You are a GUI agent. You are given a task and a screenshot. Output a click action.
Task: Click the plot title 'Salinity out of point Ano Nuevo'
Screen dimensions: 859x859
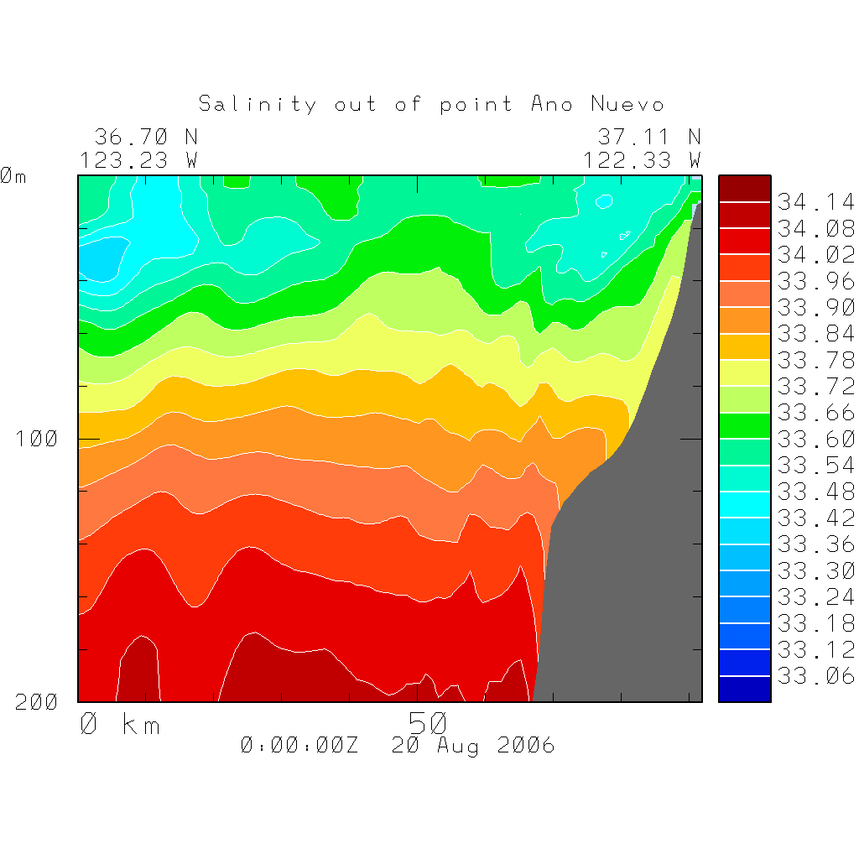[x=431, y=105]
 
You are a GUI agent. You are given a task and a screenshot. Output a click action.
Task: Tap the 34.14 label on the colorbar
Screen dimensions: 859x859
[x=815, y=202]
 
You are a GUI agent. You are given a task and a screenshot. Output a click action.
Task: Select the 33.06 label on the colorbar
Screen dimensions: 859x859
[x=815, y=676]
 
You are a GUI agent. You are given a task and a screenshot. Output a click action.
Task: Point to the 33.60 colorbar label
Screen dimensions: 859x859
[x=815, y=439]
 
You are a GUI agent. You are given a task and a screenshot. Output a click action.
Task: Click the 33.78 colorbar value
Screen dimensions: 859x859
[x=815, y=360]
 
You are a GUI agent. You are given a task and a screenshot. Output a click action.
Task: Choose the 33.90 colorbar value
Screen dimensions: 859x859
[x=815, y=307]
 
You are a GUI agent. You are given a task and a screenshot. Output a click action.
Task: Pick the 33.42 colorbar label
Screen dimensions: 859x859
[x=815, y=518]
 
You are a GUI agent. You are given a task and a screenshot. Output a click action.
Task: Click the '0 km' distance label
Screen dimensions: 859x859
[x=120, y=723]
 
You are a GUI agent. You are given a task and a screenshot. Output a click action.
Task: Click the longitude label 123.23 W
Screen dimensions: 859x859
[x=139, y=159]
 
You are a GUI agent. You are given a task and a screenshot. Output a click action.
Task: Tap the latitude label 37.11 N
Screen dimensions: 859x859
[x=648, y=137]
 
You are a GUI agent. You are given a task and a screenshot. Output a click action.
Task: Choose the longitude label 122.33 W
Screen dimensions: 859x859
[x=643, y=159]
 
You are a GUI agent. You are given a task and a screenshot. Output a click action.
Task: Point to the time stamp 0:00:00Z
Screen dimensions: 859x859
[x=299, y=746]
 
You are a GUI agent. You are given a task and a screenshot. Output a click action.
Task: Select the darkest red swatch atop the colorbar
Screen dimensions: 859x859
[x=744, y=188]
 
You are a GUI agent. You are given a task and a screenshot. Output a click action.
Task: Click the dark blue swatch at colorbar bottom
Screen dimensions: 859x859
[x=744, y=690]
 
